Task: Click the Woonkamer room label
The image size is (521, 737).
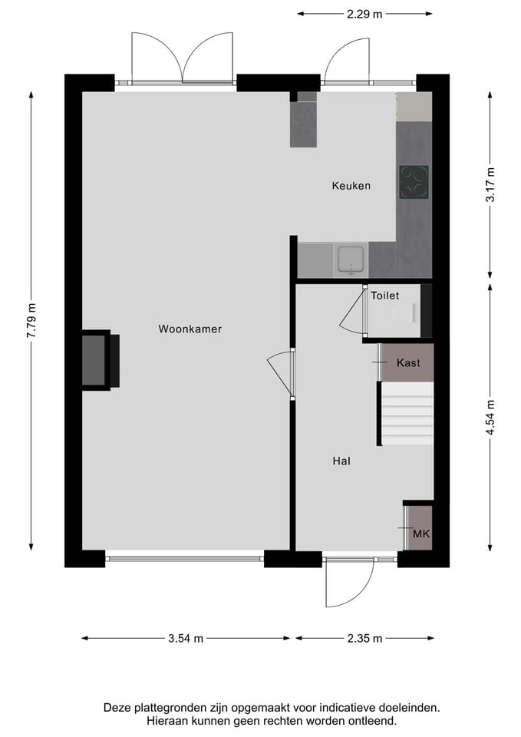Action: pos(190,329)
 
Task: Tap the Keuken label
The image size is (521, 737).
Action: pos(351,186)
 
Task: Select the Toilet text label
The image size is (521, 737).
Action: pos(384,296)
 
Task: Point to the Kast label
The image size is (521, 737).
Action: pos(408,363)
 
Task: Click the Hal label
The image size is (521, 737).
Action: pos(341,461)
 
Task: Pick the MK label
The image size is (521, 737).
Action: pos(420,534)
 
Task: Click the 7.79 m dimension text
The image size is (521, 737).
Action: pos(31,320)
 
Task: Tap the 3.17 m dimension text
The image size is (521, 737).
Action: pos(490,184)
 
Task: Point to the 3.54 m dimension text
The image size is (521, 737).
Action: pos(186,638)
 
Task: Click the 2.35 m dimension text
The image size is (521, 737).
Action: pos(364,638)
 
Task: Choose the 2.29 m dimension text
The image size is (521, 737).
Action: pos(364,13)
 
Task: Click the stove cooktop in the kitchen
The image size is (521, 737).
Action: pos(414,182)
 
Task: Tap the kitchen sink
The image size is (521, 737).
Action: pos(351,259)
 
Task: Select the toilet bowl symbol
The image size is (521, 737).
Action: pos(402,313)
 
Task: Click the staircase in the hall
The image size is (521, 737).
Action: pos(407,414)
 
